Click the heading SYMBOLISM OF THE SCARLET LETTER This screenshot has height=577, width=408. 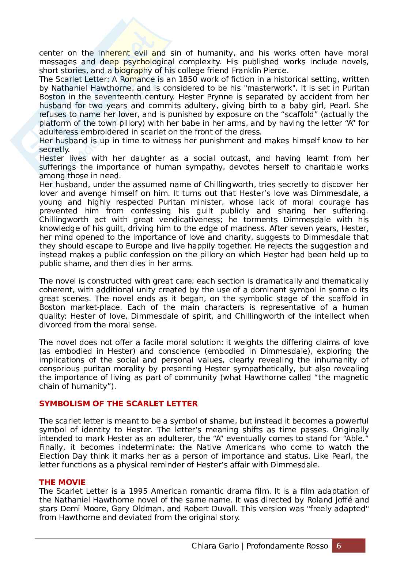point(118,404)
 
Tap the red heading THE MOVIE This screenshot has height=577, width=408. point(62,482)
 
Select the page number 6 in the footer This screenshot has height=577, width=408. point(339,546)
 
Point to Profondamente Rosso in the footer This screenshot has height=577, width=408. point(287,546)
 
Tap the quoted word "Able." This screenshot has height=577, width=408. point(354,439)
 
